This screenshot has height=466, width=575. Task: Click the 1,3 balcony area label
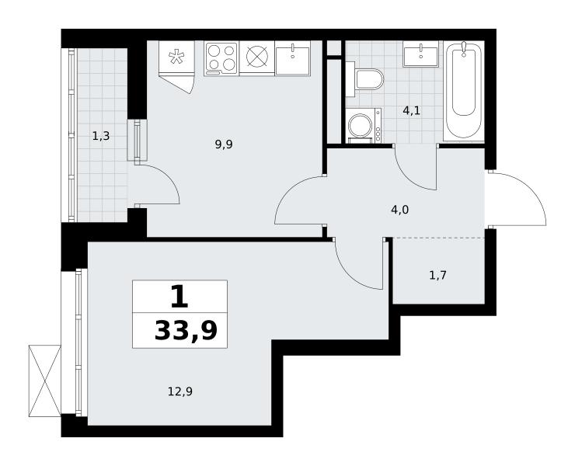click(x=101, y=137)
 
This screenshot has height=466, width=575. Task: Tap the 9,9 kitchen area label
click(x=224, y=144)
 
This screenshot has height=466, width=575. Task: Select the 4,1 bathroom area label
click(x=412, y=111)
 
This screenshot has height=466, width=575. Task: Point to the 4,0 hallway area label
click(x=399, y=210)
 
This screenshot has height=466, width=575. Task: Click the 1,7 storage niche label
click(x=437, y=275)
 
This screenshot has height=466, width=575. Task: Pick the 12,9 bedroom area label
click(x=180, y=392)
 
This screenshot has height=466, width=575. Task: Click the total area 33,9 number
click(x=186, y=330)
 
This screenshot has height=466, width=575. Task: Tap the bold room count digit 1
click(x=179, y=297)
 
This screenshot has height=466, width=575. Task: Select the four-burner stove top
click(x=221, y=59)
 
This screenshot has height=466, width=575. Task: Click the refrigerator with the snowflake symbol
click(x=176, y=57)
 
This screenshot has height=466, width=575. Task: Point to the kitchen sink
click(x=293, y=58)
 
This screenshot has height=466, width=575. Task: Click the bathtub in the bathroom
click(x=464, y=91)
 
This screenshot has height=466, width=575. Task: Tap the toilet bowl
click(x=365, y=78)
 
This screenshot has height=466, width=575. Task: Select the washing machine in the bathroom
click(x=364, y=125)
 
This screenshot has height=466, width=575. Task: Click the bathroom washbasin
click(x=420, y=54)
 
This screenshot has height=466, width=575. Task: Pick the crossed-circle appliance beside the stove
click(x=257, y=57)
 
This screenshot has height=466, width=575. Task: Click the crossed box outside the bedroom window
click(x=45, y=381)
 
